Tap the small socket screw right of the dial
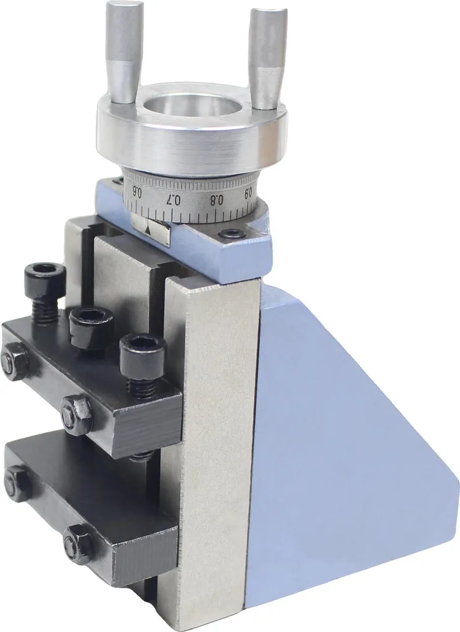pos(233,233)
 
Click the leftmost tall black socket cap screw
pos(44,291)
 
